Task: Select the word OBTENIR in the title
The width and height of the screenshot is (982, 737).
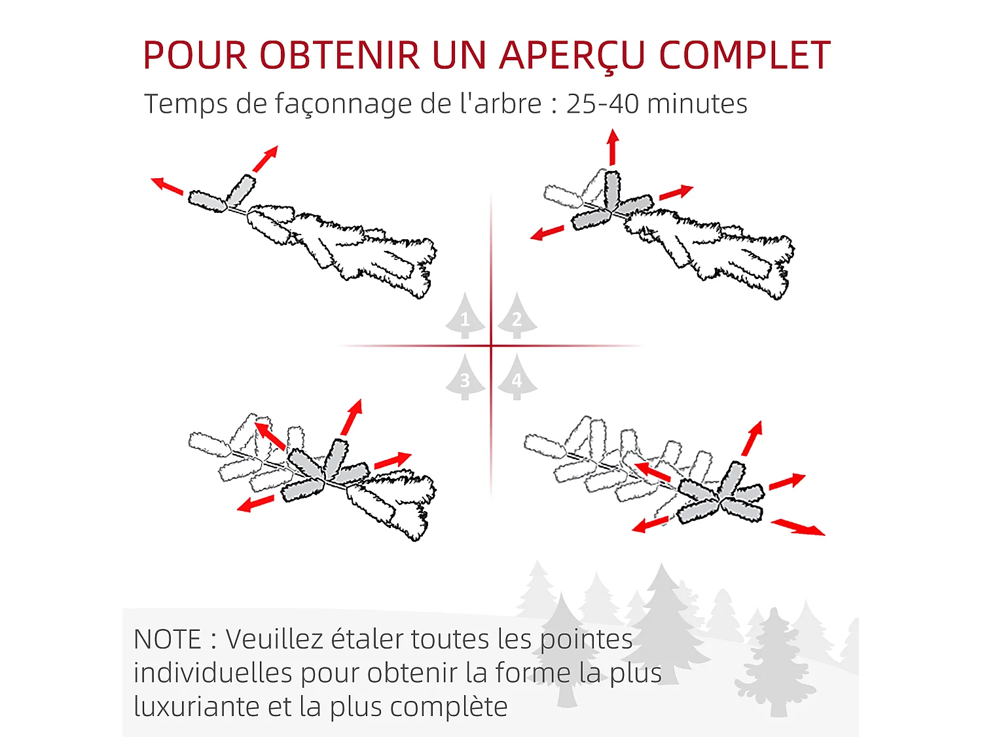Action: coord(340,55)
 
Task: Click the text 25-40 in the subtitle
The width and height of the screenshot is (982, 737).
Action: coord(602,104)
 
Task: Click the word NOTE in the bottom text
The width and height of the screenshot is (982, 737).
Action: coord(167,639)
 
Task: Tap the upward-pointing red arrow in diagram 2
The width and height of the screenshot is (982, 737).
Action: coord(613,147)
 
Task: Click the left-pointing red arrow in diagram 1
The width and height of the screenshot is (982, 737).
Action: coord(167,186)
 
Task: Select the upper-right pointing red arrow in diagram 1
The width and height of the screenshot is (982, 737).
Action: coord(265,159)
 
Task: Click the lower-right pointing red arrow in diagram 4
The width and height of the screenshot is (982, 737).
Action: coord(797,527)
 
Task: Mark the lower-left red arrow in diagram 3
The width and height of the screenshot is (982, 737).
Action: coord(255,504)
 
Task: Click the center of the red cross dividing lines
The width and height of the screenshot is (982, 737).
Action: coord(491,346)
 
